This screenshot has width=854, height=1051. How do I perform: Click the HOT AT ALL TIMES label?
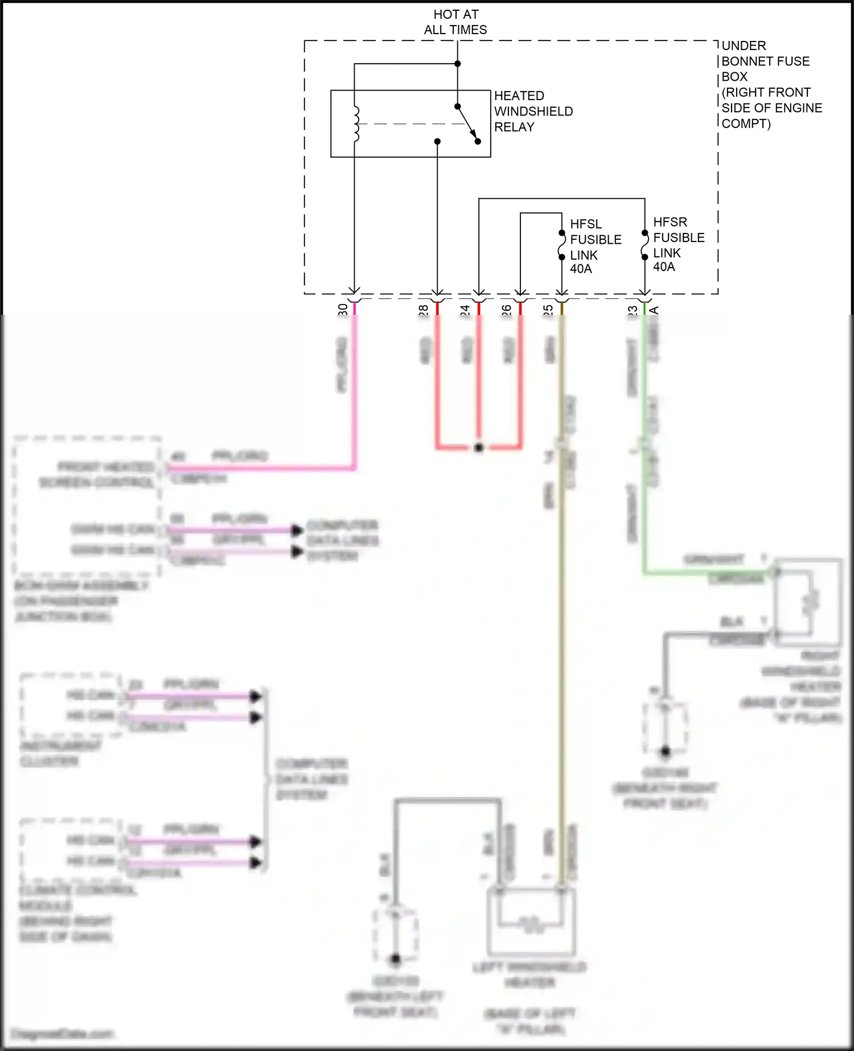455,22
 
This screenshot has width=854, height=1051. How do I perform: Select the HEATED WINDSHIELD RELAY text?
533,112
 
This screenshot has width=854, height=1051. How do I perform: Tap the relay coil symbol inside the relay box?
356,124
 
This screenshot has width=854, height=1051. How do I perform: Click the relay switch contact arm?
467,124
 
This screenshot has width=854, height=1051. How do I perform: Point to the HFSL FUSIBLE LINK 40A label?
595,246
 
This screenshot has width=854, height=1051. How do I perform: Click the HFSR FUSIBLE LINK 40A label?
678,244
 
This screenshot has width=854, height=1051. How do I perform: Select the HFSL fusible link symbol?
562,245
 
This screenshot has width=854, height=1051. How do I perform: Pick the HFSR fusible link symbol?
644,245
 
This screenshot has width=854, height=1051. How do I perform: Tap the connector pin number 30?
343,309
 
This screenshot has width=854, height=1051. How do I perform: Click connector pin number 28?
424,310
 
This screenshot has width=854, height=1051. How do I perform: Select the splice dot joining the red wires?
479,448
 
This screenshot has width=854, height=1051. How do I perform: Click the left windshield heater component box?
531,921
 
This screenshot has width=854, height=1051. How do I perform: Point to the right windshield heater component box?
807,602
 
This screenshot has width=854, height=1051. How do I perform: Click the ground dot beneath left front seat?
396,959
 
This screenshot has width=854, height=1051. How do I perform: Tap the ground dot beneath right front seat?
665,752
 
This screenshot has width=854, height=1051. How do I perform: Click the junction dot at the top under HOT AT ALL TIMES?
457,64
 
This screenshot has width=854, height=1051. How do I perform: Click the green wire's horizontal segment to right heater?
706,572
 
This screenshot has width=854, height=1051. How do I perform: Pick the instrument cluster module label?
60,753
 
